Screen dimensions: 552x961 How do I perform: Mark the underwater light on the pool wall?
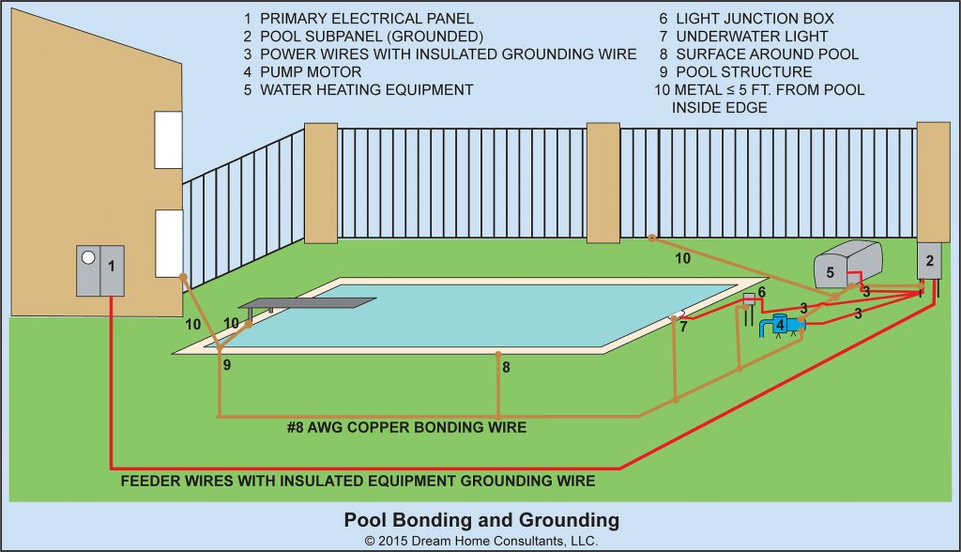click(677, 315)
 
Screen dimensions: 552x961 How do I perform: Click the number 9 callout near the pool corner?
click(226, 364)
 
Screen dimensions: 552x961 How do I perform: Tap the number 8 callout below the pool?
click(506, 368)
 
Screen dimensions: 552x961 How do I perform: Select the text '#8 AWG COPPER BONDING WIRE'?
click(406, 428)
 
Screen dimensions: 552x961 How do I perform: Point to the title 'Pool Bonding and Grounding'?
click(481, 519)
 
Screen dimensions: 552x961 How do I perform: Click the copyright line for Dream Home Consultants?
click(480, 541)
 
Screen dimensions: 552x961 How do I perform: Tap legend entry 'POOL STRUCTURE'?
click(736, 72)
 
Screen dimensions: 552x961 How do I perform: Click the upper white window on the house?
click(167, 140)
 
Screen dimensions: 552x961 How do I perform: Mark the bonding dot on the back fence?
click(651, 237)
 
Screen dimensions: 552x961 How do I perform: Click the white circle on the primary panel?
click(87, 256)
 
